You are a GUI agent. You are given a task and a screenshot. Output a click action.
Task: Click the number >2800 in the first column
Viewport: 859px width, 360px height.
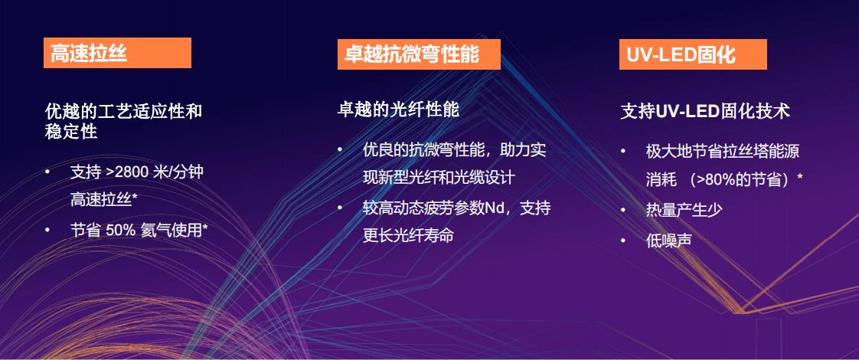pos(126,172)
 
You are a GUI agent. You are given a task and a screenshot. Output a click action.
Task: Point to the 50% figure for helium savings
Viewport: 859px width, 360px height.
pos(120,230)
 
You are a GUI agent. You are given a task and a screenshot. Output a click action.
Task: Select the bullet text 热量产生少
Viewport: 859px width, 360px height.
pos(684,210)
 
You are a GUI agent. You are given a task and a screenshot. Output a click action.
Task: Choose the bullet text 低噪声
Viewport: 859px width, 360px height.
pos(668,240)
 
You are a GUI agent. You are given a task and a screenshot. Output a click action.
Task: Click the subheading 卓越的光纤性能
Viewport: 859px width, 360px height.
pos(397,110)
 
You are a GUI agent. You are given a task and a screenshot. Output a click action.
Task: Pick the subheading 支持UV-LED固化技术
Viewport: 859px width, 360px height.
pos(705,111)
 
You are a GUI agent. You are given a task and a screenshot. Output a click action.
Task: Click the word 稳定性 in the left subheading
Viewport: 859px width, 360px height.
pos(71,132)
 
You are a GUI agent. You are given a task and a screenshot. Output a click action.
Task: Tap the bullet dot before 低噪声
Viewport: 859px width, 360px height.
pos(623,240)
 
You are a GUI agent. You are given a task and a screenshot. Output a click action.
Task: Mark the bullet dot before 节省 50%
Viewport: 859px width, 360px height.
pos(47,230)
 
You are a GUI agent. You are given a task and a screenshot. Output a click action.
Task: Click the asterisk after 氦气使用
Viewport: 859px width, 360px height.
pos(205,227)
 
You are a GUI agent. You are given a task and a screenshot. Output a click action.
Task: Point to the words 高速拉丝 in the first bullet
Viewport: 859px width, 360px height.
pos(101,200)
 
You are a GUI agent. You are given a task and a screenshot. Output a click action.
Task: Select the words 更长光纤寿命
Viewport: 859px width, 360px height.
pos(408,236)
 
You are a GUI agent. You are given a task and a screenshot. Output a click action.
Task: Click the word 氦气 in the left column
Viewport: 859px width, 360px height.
pos(155,230)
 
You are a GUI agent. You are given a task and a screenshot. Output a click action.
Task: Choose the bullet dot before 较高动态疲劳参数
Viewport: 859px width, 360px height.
pos(340,208)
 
